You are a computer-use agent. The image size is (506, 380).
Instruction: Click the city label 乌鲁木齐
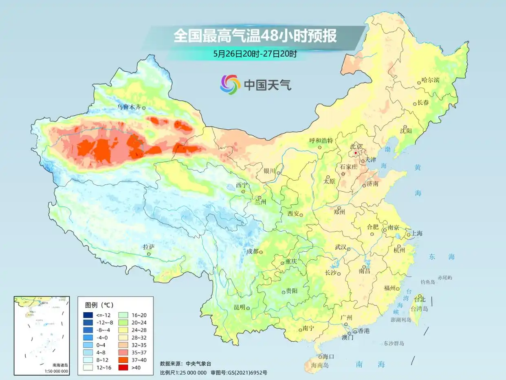point(129,107)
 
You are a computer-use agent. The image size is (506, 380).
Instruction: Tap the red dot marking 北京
point(356,153)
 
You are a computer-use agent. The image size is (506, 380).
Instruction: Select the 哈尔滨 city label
point(431,80)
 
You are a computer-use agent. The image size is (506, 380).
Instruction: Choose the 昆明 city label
point(240,307)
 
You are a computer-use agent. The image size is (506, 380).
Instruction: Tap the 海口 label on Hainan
point(328,356)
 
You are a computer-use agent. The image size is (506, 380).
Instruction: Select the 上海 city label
point(417,233)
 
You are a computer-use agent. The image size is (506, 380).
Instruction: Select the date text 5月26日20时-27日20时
point(255,53)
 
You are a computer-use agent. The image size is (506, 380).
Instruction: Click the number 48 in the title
point(269,35)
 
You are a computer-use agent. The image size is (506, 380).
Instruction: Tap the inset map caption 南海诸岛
point(60,365)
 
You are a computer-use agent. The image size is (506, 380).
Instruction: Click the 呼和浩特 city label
point(321,141)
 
